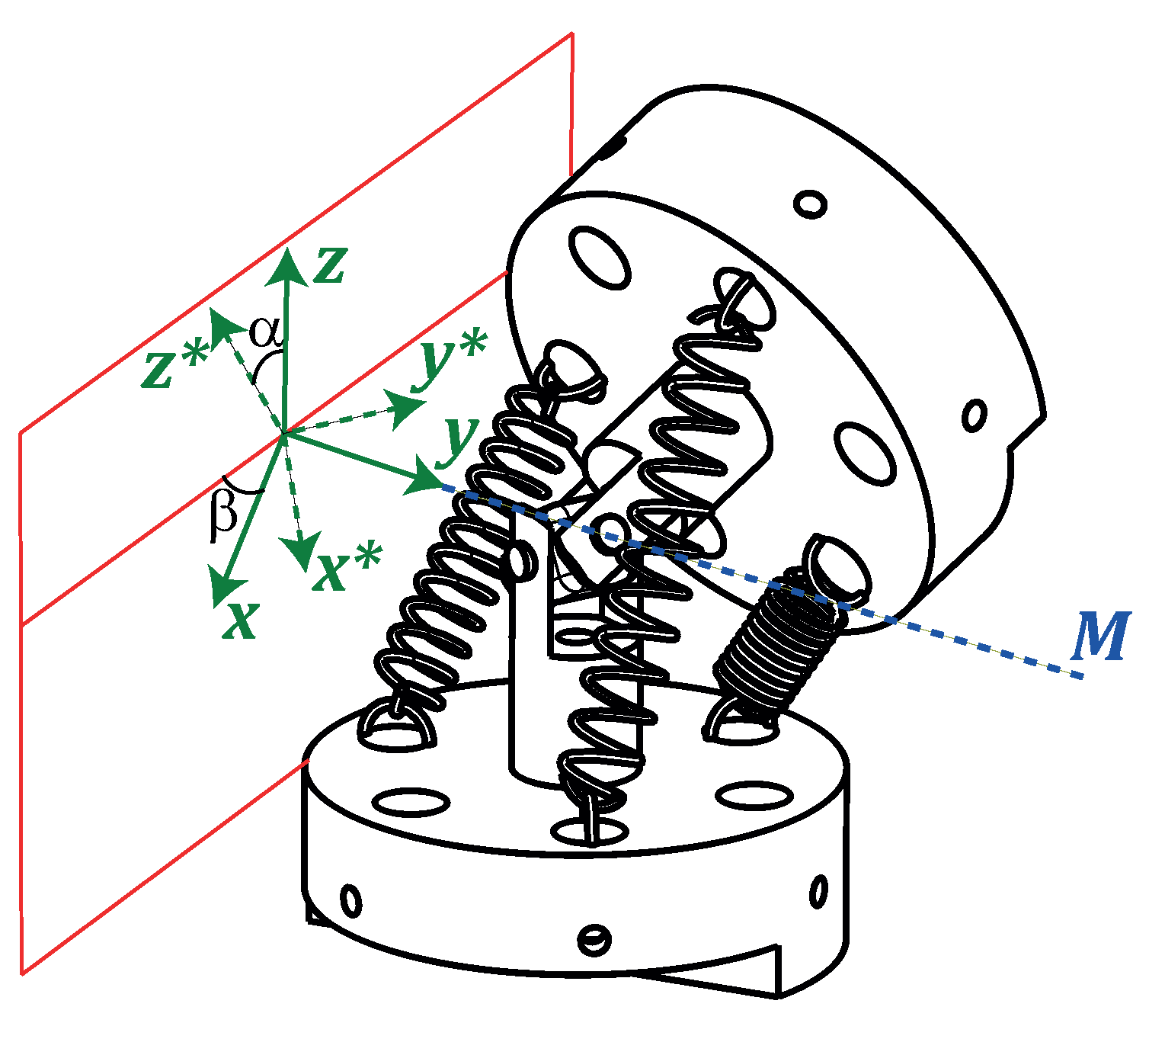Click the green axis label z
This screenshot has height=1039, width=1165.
tap(330, 266)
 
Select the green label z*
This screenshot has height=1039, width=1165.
tap(174, 364)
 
